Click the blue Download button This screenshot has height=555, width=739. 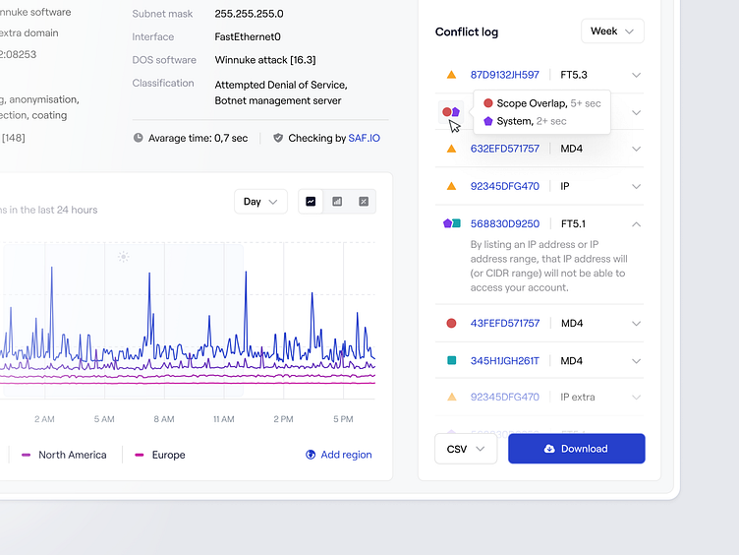tap(576, 449)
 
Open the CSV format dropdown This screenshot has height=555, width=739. tap(466, 449)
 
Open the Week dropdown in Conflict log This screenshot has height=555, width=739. tap(612, 31)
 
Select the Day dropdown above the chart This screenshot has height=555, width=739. tap(260, 202)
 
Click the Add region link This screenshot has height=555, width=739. tap(339, 455)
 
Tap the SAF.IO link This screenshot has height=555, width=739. tap(364, 139)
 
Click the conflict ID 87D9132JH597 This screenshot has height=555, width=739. tap(504, 75)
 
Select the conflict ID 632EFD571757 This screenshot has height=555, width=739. tap(504, 149)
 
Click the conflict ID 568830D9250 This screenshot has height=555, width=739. tap(504, 224)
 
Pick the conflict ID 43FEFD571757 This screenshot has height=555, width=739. tap(504, 323)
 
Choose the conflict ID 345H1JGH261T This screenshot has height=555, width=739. tap(504, 361)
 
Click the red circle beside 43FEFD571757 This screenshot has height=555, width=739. tap(451, 323)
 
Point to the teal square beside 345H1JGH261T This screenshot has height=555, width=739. tap(451, 361)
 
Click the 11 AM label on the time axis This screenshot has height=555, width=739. tap(223, 419)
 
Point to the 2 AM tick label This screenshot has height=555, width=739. tap(44, 419)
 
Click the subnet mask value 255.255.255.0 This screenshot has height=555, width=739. tap(249, 14)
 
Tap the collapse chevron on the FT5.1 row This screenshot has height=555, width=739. tap(636, 224)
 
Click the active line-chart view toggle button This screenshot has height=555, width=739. tap(311, 202)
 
